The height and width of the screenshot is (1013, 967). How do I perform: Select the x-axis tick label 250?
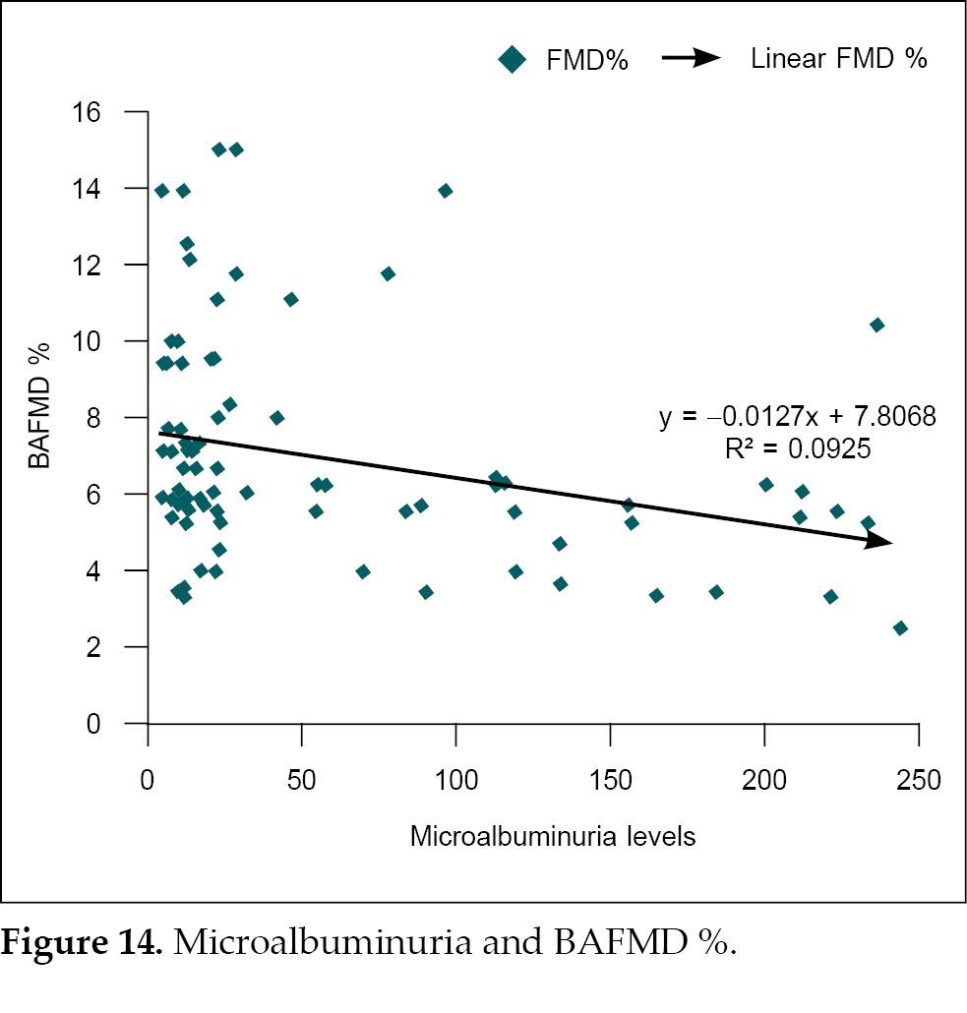(919, 781)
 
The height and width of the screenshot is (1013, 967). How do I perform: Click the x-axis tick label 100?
(456, 781)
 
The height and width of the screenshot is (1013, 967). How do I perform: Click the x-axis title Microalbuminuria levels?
(552, 837)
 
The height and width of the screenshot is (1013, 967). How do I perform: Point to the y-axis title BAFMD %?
(40, 416)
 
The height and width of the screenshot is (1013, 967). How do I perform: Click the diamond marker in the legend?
(513, 60)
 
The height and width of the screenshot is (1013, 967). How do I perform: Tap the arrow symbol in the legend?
(692, 59)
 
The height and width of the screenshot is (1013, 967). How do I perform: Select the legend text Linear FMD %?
(838, 59)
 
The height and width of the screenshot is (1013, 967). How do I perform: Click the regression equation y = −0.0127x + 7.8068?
(797, 417)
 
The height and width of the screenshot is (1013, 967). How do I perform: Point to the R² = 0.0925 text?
(797, 450)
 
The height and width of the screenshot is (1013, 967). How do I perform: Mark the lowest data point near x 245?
(900, 627)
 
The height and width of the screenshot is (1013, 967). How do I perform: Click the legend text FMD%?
(588, 60)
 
